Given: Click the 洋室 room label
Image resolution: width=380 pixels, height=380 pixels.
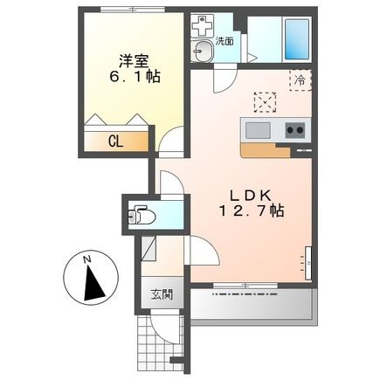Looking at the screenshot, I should click(x=135, y=61).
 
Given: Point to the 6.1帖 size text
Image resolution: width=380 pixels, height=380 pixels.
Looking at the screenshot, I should click(x=135, y=77).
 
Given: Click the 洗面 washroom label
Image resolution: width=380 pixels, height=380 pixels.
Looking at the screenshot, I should click(x=225, y=41).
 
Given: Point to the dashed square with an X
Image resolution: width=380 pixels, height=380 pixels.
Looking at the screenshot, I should click(x=263, y=101).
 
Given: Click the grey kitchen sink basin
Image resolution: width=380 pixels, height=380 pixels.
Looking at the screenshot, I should click(x=258, y=131).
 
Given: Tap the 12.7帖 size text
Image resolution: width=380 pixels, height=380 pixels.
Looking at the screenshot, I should click(x=250, y=211).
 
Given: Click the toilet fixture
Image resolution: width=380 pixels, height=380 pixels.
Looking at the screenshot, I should click(x=142, y=213).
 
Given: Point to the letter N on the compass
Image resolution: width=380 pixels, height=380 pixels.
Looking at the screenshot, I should click(x=86, y=259).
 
